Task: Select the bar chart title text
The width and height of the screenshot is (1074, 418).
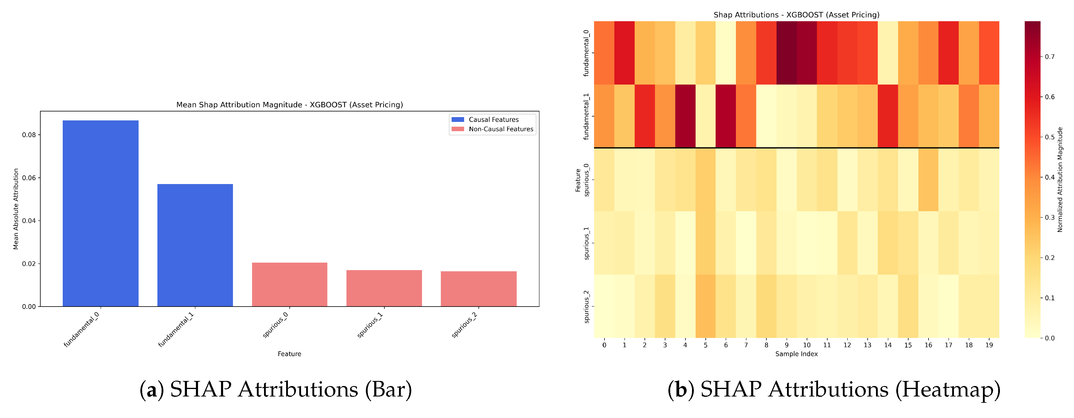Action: tap(289, 105)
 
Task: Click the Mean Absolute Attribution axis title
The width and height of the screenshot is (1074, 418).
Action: tap(16, 209)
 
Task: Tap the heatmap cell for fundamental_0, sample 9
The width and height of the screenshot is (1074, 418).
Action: tap(786, 53)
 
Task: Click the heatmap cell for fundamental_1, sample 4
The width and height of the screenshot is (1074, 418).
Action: tap(685, 116)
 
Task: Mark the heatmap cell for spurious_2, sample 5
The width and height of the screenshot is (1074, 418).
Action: tap(705, 306)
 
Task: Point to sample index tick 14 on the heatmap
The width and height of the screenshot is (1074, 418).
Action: tap(888, 345)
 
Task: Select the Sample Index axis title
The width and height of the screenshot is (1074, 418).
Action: tap(796, 354)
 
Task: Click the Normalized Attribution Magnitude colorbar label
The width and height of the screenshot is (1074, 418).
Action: tap(1060, 179)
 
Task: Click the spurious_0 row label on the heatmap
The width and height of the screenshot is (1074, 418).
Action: tap(587, 180)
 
